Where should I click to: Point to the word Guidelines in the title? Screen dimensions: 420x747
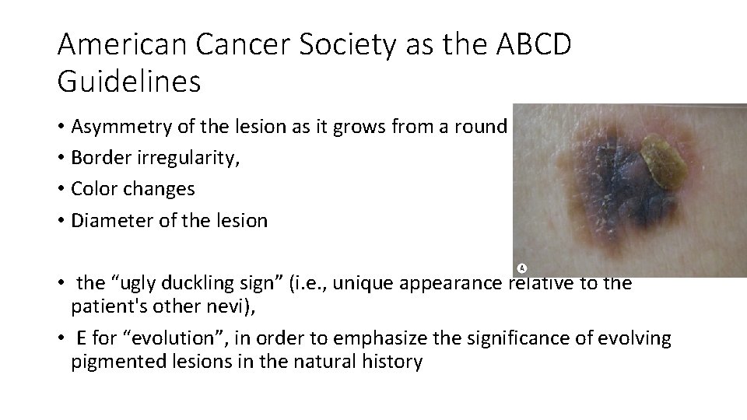[x=129, y=82]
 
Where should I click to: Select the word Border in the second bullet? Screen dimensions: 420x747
[x=97, y=159]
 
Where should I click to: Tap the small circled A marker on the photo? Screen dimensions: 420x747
[x=523, y=268]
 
